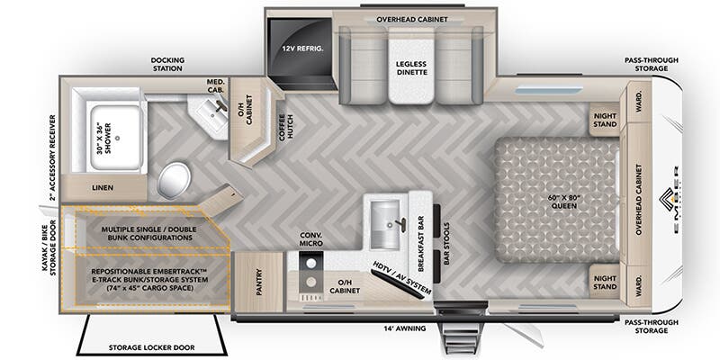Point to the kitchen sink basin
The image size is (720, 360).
click(386, 220)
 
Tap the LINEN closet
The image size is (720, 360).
click(102, 188)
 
